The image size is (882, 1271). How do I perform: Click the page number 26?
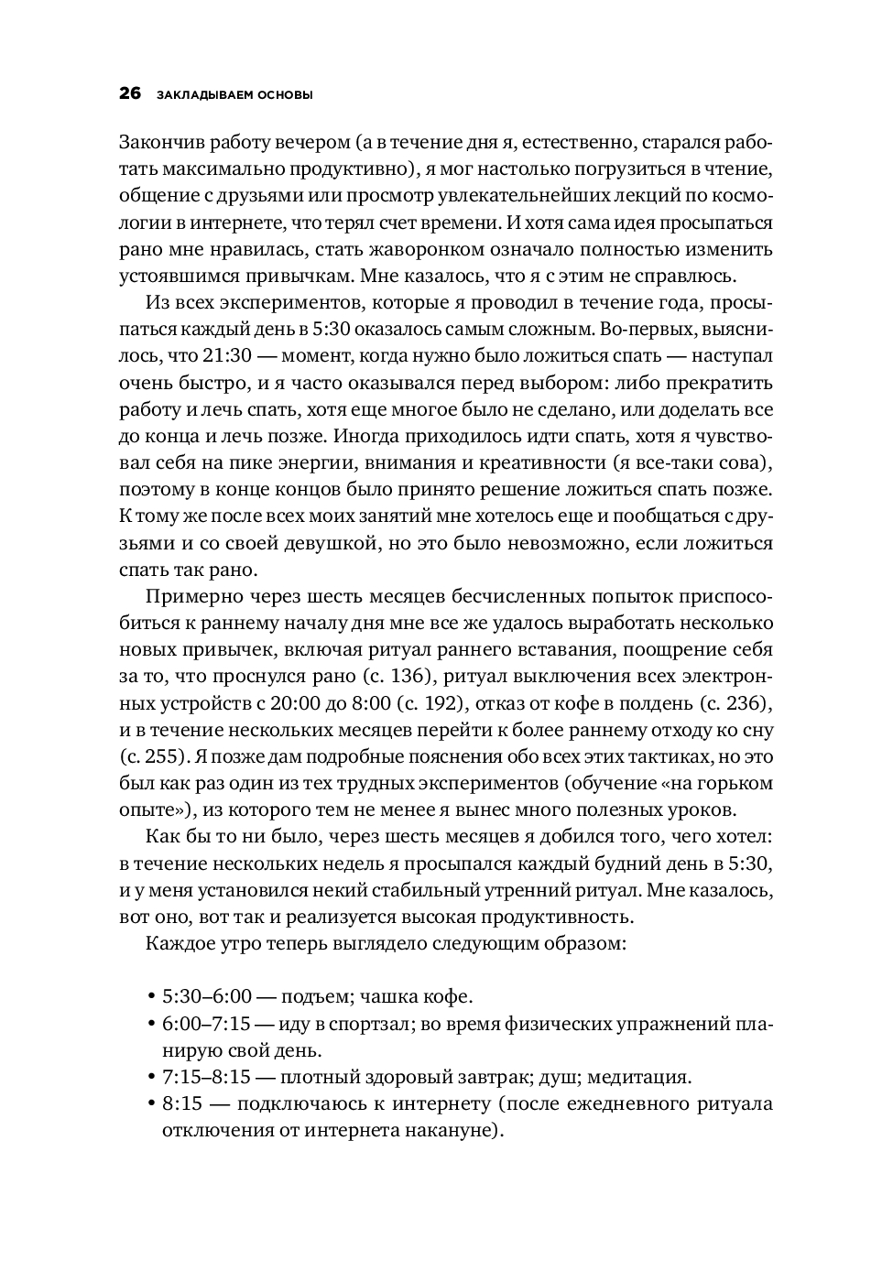tap(130, 93)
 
